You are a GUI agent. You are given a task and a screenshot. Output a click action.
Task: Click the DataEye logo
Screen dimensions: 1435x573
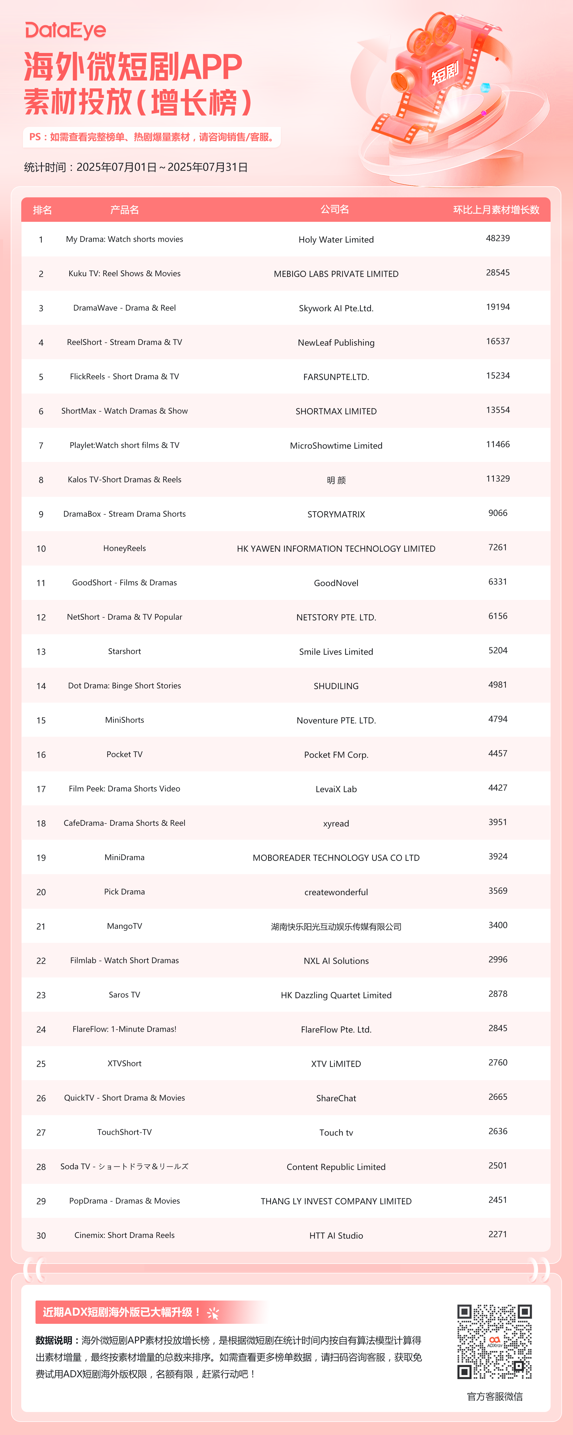pyautogui.click(x=65, y=31)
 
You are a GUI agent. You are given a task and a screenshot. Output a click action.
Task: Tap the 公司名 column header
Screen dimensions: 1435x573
pyautogui.click(x=335, y=210)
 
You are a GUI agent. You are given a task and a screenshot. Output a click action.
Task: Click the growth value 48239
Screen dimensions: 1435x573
pyautogui.click(x=497, y=238)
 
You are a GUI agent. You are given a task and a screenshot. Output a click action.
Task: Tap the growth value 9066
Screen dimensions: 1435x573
pyautogui.click(x=497, y=513)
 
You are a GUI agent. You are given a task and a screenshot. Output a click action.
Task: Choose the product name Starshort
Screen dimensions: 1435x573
pyautogui.click(x=124, y=651)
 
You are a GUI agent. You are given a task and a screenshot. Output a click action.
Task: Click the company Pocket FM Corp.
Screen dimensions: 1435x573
pyautogui.click(x=336, y=755)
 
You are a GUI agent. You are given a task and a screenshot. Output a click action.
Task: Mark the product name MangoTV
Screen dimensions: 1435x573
pyautogui.click(x=124, y=926)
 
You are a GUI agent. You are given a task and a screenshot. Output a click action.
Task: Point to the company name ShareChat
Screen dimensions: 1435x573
pyautogui.click(x=336, y=1098)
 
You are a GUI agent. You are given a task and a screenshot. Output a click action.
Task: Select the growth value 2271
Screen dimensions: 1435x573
pyautogui.click(x=497, y=1234)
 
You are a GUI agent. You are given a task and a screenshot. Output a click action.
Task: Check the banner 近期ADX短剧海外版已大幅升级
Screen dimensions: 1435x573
pyautogui.click(x=123, y=1312)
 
